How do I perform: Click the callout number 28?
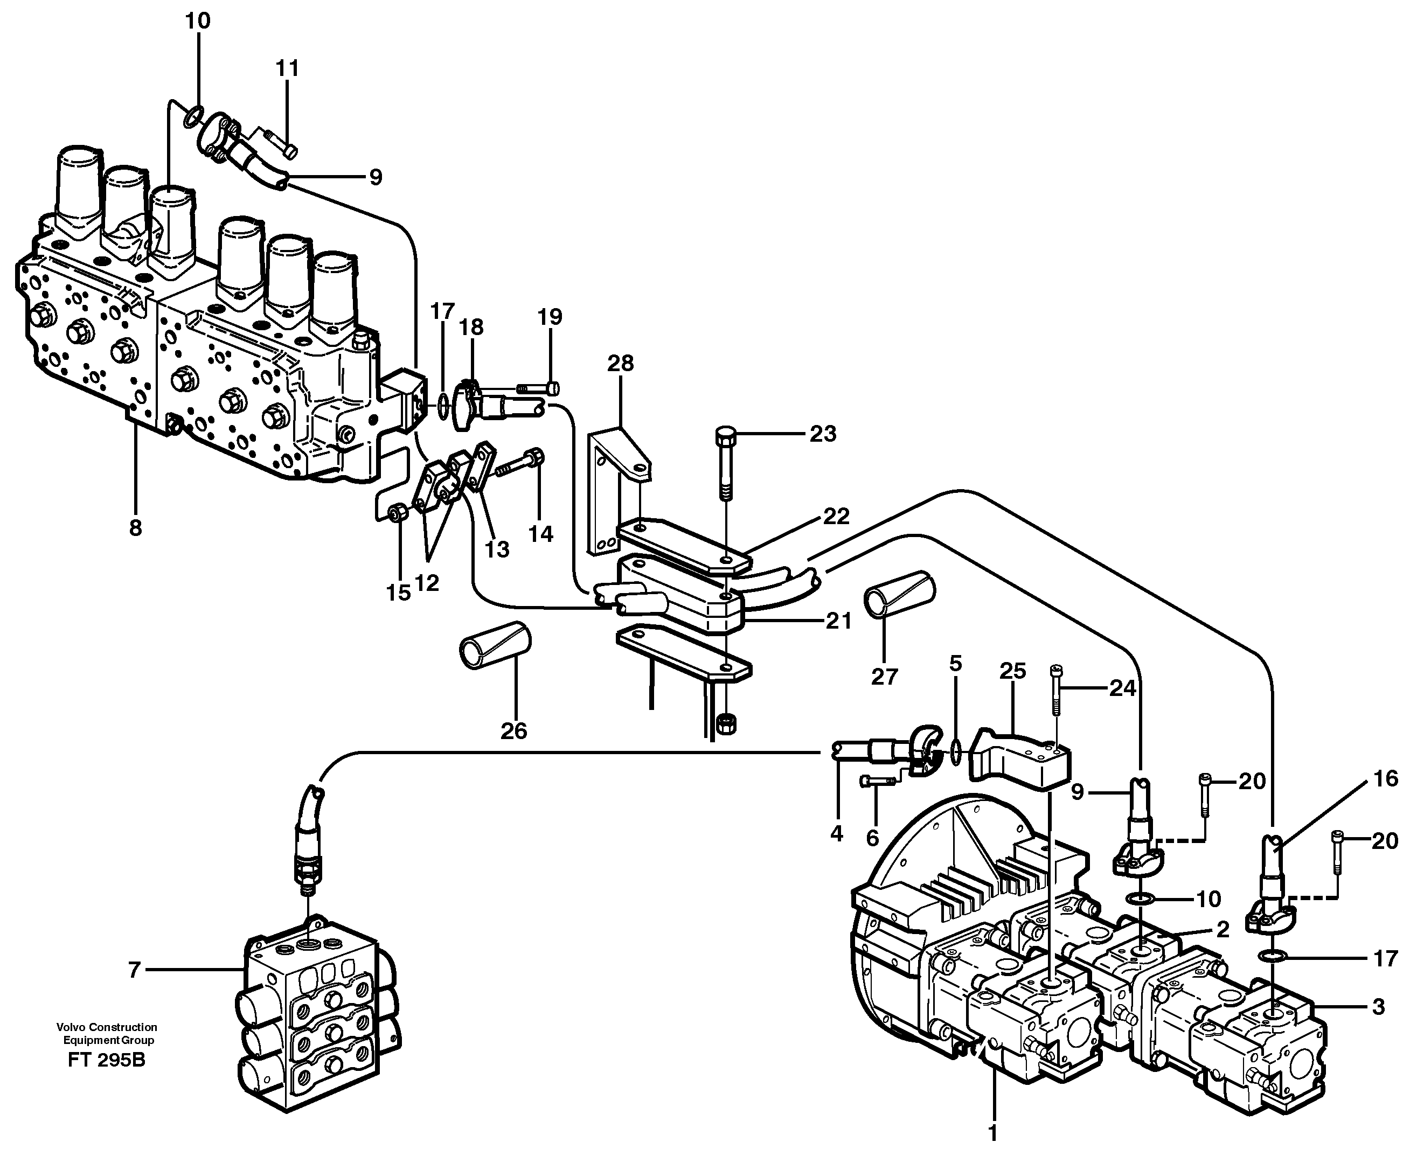620,363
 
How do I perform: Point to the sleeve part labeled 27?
898,594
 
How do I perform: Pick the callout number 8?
135,528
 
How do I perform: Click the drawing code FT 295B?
107,1078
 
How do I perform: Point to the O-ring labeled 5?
955,751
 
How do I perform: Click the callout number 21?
838,621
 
